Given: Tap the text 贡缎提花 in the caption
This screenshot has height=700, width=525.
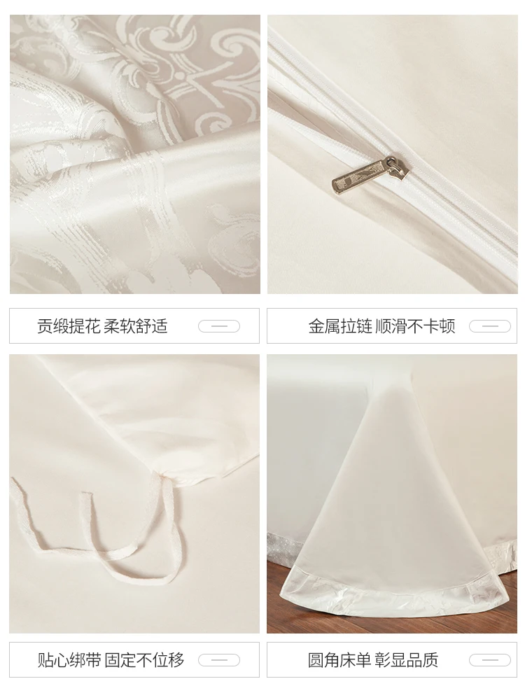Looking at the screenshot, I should (69, 326).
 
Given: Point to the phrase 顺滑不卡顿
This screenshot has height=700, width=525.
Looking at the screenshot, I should (415, 326).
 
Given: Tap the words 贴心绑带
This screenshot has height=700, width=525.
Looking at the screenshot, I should (69, 659).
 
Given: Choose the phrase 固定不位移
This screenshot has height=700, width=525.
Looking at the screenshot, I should (145, 659).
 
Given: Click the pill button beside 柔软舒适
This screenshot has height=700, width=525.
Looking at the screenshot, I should (219, 326).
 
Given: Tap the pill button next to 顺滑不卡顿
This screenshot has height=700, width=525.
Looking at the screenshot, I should (490, 326).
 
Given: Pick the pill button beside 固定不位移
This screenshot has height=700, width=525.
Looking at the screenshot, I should (219, 659).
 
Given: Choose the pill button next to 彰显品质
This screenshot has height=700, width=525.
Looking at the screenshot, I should (490, 659).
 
